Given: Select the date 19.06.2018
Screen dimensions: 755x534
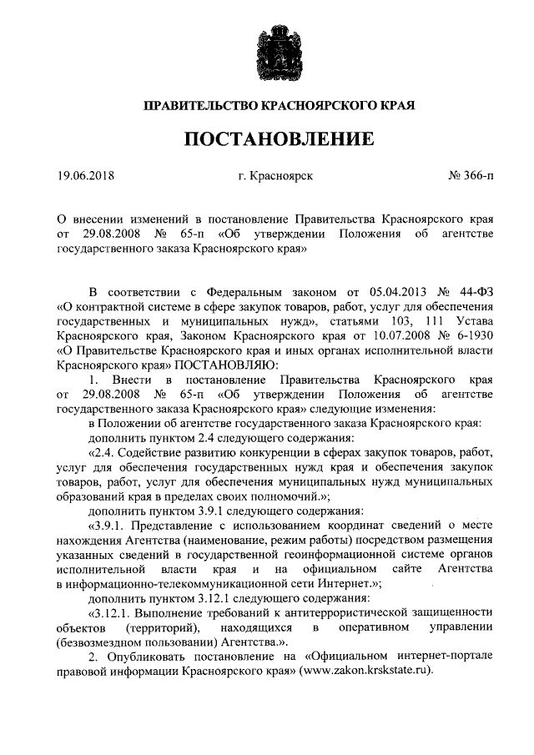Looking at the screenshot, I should tap(85, 176).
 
